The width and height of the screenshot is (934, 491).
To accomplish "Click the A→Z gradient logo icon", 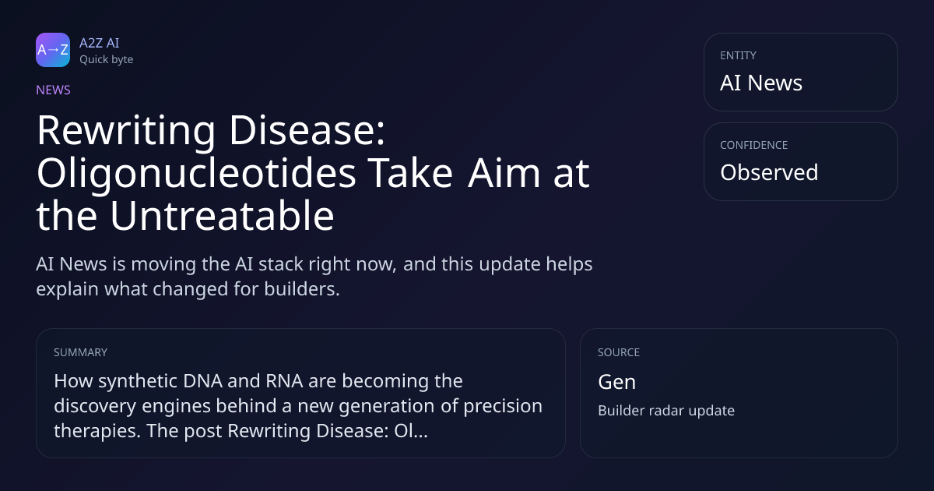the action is click(53, 50).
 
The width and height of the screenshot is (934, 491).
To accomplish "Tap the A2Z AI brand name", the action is click(100, 43).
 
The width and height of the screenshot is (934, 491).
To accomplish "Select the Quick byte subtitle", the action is click(107, 60).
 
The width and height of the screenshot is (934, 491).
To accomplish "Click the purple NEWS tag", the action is click(53, 90).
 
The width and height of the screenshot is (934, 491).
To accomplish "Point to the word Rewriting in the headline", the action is click(126, 132).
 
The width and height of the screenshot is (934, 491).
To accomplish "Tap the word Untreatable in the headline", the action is click(222, 215).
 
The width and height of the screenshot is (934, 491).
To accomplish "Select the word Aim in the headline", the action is click(504, 173).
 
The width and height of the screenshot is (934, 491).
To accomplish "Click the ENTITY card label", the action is click(738, 55).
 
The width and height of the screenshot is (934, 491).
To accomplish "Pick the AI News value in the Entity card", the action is click(761, 83).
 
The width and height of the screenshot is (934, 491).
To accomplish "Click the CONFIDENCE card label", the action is click(754, 145).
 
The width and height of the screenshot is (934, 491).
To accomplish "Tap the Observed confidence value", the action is click(769, 172).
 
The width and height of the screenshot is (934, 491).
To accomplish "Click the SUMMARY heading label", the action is click(80, 352).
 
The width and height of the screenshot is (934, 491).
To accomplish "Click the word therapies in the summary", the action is click(97, 431).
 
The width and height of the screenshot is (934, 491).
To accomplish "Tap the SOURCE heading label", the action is click(619, 352).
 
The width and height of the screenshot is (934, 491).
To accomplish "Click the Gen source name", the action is click(616, 382).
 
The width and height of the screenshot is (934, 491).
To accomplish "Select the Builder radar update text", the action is click(666, 411).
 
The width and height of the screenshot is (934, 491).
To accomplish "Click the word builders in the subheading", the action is click(302, 289).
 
